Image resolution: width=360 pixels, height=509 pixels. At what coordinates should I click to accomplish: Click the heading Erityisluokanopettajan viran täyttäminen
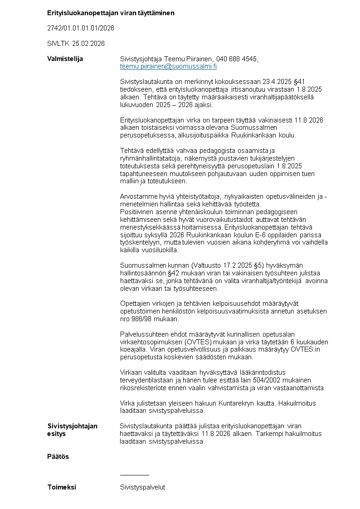pyautogui.click(x=111, y=13)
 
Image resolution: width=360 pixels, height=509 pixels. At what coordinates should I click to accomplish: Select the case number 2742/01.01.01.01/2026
pyautogui.click(x=81, y=28)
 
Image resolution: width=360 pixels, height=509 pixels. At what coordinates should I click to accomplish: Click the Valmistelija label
pyautogui.click(x=65, y=59)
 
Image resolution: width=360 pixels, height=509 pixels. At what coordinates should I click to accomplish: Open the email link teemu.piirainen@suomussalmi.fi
pyautogui.click(x=168, y=66)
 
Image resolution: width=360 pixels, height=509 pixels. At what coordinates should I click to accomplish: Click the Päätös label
pyautogui.click(x=58, y=456)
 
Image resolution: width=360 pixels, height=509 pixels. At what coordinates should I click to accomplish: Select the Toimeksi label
pyautogui.click(x=62, y=487)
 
